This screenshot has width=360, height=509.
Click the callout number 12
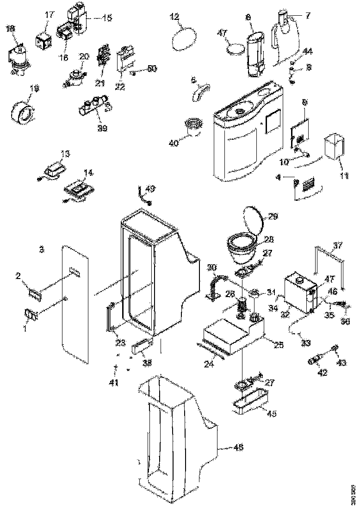(174, 17)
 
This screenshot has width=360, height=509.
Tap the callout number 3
(41, 249)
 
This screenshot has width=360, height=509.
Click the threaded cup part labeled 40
(193, 127)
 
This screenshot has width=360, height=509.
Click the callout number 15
(107, 18)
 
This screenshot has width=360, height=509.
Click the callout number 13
(65, 153)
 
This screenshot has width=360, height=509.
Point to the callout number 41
(113, 383)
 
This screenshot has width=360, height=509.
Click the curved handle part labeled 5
(200, 91)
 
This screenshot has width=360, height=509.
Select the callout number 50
(152, 68)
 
